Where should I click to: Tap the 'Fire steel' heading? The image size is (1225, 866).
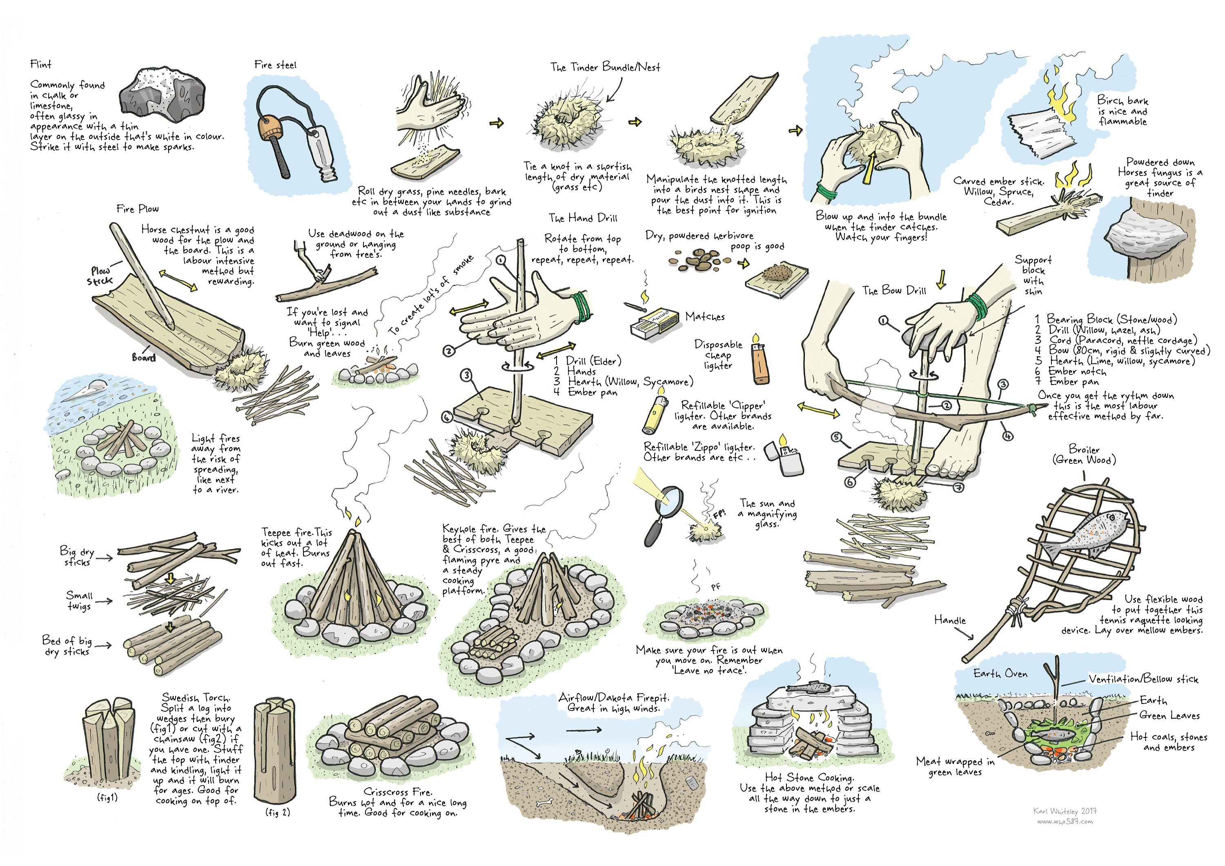click(x=275, y=65)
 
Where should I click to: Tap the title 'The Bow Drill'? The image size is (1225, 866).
click(x=894, y=290)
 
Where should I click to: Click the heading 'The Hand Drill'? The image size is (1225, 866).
click(x=583, y=218)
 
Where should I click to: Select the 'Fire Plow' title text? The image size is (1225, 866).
click(x=138, y=209)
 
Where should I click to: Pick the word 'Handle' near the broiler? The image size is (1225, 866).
click(x=950, y=620)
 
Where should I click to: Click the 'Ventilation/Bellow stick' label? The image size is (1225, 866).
click(x=1143, y=679)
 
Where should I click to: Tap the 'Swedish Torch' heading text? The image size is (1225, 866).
click(x=196, y=697)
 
